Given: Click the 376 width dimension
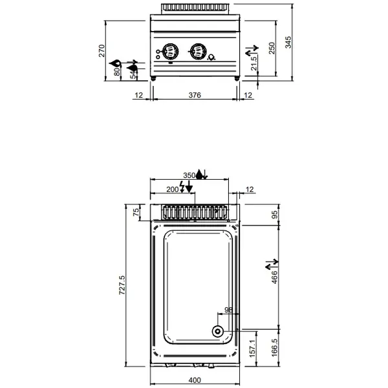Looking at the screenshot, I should [195, 95].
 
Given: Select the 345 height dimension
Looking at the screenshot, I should [289, 42].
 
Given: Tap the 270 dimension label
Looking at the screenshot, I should [102, 52].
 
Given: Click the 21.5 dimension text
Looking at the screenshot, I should [255, 63].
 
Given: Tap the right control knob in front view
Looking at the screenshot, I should [197, 50].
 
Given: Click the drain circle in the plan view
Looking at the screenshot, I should [218, 332].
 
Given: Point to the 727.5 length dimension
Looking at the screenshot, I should [122, 285].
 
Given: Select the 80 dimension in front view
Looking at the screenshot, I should [117, 72].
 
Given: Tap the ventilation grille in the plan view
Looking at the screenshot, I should [194, 211].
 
